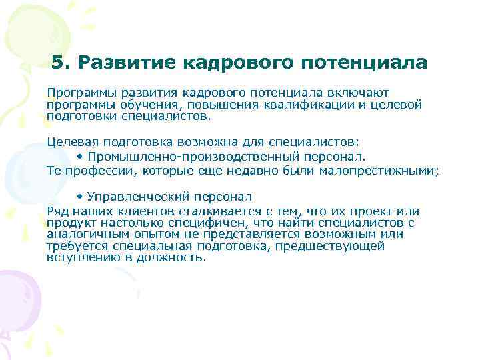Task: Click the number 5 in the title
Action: coord(57,63)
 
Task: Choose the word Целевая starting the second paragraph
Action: coord(71,141)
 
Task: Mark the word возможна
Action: coord(188,141)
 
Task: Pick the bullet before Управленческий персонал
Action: coord(79,197)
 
